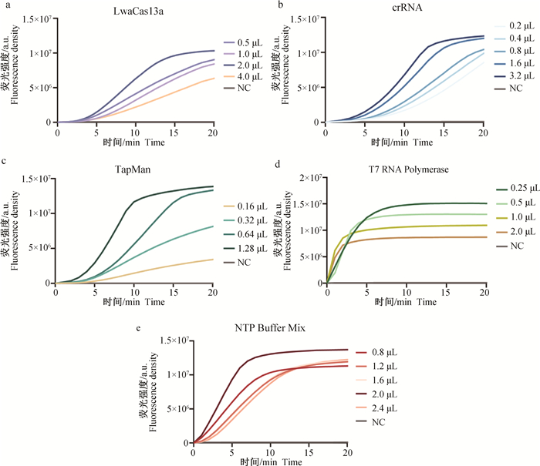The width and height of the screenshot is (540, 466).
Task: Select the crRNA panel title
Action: [404, 8]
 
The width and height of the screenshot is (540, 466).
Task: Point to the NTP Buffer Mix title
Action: [272, 329]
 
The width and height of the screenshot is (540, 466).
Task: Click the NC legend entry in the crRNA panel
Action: [508, 89]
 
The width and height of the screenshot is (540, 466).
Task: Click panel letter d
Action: [275, 162]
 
